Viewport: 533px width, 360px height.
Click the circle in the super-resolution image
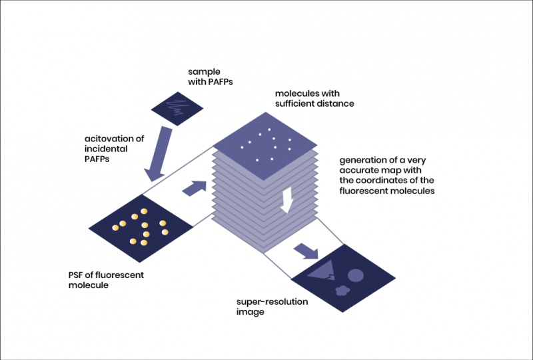click(x=356, y=275)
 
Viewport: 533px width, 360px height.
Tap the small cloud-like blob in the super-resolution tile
click(x=342, y=290)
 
